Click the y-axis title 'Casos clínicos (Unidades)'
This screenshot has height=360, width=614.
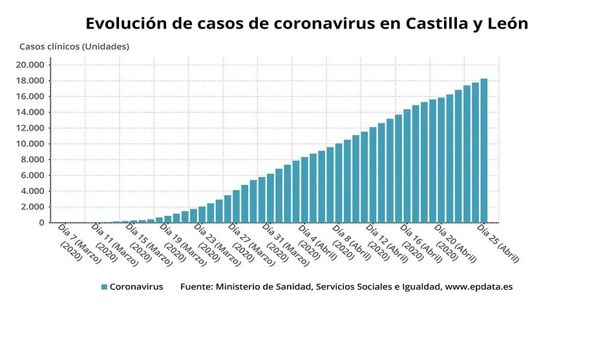74,47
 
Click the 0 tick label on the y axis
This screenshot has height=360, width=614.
42,223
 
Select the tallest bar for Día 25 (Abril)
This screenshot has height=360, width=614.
483,151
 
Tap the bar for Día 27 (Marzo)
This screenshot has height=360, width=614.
236,206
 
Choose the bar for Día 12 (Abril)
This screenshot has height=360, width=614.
373,175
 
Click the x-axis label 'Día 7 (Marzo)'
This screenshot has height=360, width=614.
75,243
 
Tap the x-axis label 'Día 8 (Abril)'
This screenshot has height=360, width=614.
349,243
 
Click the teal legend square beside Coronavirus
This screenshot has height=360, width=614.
104,286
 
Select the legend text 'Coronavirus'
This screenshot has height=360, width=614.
136,286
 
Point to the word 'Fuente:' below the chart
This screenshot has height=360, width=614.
195,286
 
